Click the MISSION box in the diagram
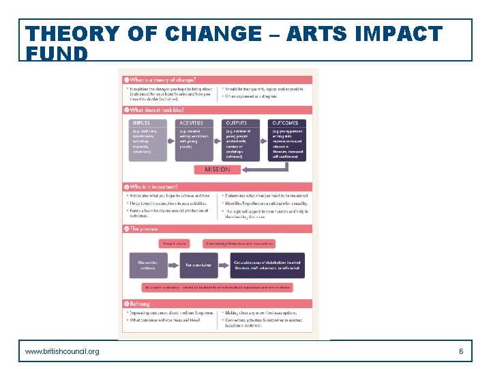tap(217, 169)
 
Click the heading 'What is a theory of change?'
tap(162, 80)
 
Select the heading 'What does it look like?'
tap(157, 110)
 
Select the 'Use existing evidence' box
tap(148, 265)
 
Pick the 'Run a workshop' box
tap(198, 265)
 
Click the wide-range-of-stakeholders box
tap(268, 265)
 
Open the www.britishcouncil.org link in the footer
tap(62, 351)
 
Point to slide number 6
tap(461, 351)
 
